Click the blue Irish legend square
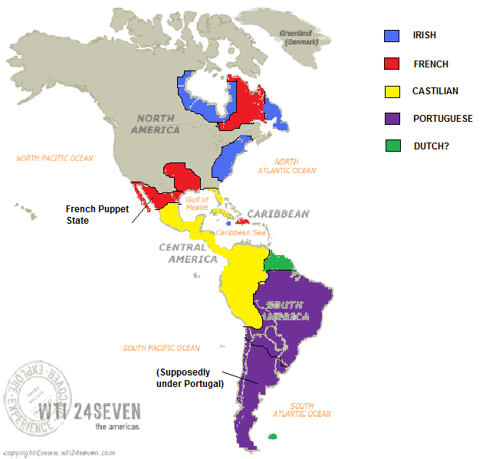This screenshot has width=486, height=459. click(x=392, y=35)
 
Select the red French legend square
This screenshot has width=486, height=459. click(x=392, y=64)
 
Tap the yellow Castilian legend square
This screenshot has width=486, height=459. click(x=392, y=91)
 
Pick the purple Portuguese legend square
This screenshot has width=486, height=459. click(x=392, y=119)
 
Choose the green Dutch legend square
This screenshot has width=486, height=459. click(x=392, y=146)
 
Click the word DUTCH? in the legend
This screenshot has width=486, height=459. click(x=431, y=146)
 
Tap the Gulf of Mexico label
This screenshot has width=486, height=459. click(x=197, y=204)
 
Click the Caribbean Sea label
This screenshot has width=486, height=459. click(x=238, y=232)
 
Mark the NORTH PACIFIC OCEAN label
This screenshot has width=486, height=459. click(x=54, y=159)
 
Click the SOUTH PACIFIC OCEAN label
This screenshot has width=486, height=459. click(x=161, y=348)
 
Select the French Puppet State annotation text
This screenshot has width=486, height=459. click(x=88, y=215)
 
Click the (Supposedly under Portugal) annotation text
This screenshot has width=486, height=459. click(x=189, y=378)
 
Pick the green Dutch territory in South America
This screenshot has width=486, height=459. click(x=279, y=261)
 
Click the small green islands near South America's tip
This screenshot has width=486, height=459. click(x=272, y=438)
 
